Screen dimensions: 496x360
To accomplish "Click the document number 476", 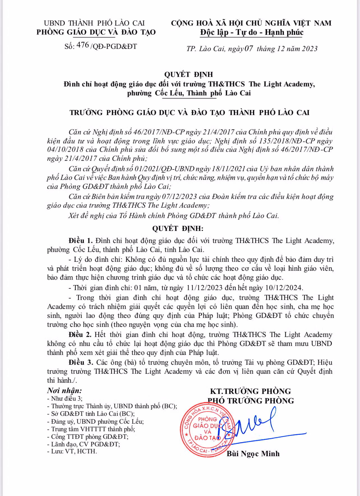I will (x=83, y=45).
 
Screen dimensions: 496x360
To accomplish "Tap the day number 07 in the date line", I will (x=249, y=49).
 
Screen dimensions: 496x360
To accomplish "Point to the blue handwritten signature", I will (x=252, y=424).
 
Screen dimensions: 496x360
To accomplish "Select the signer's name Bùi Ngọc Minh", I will (x=253, y=454).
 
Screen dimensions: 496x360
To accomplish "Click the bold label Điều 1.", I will (x=80, y=241).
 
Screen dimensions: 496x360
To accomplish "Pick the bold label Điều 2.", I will (x=80, y=334).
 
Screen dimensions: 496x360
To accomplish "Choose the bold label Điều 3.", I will (x=81, y=362).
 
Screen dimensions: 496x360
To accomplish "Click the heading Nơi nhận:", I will (x=64, y=391).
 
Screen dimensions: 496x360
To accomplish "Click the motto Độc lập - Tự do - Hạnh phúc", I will (x=251, y=33).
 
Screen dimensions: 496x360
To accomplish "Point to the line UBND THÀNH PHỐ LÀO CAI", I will (x=94, y=23).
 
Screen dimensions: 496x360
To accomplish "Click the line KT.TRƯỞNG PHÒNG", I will (x=250, y=391).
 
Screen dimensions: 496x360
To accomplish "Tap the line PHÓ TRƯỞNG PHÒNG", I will (x=250, y=401).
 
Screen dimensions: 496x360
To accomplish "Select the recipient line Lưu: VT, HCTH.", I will (x=72, y=451).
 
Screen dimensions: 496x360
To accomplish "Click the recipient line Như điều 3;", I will (x=65, y=398).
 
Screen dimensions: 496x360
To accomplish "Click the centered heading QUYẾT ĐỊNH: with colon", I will (x=178, y=228).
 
